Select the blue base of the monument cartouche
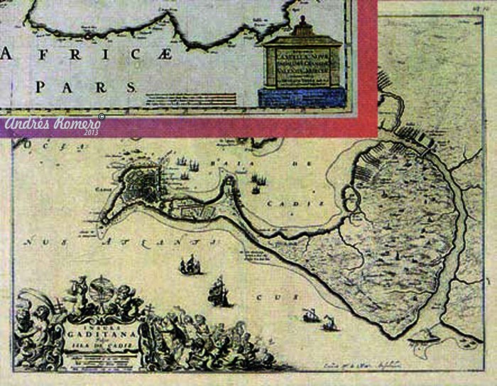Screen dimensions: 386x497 pyautogui.click(x=302, y=96)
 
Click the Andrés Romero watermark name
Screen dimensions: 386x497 pyautogui.click(x=51, y=124)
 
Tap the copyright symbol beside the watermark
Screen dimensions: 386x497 pyautogui.click(x=102, y=116)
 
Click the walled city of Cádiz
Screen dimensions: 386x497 pyautogui.click(x=149, y=182)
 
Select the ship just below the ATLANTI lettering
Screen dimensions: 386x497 pyautogui.click(x=190, y=266)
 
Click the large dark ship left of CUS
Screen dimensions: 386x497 pyautogui.click(x=219, y=292)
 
